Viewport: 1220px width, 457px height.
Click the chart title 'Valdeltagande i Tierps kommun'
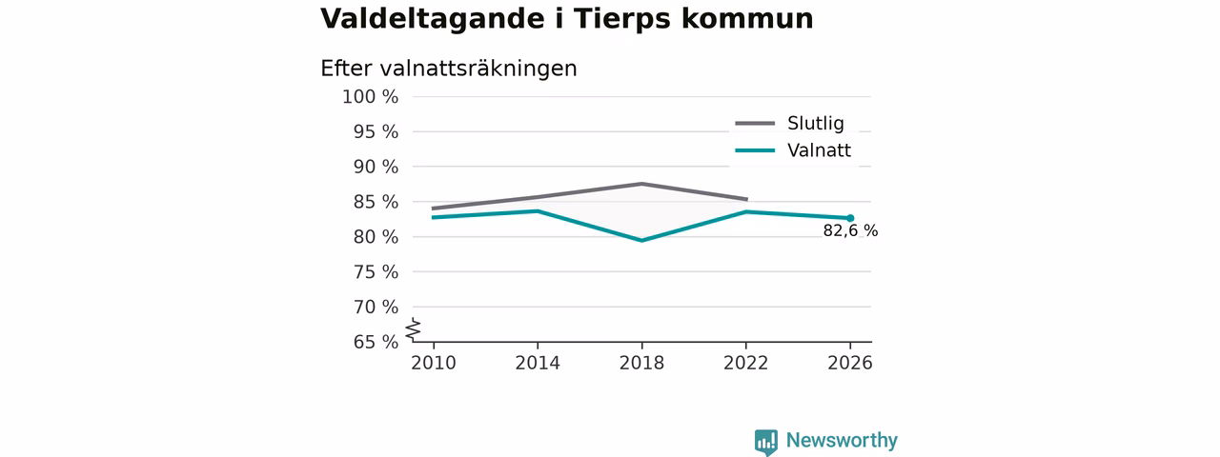click(x=566, y=18)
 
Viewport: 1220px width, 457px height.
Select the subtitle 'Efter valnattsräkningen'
click(x=449, y=69)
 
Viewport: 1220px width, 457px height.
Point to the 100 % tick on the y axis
click(x=371, y=97)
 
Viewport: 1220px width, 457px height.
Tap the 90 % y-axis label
click(x=376, y=167)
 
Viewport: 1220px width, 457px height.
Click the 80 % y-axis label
click(x=376, y=237)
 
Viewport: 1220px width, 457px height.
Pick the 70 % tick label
click(x=376, y=307)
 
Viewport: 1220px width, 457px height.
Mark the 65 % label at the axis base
click(x=376, y=342)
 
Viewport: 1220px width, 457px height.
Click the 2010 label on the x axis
click(x=434, y=363)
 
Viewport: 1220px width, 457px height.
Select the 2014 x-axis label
click(x=538, y=363)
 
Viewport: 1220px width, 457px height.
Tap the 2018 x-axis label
click(x=641, y=363)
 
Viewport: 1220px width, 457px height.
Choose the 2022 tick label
click(x=745, y=363)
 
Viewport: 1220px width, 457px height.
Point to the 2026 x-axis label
click(x=849, y=363)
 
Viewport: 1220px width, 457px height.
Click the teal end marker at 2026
click(x=850, y=218)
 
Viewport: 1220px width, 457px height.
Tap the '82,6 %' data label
click(x=850, y=230)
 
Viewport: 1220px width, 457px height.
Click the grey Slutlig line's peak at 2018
click(x=642, y=184)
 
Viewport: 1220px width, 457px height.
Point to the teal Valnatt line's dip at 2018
click(x=642, y=240)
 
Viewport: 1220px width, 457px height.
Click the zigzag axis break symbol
click(x=414, y=329)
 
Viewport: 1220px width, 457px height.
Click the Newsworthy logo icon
click(x=765, y=442)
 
